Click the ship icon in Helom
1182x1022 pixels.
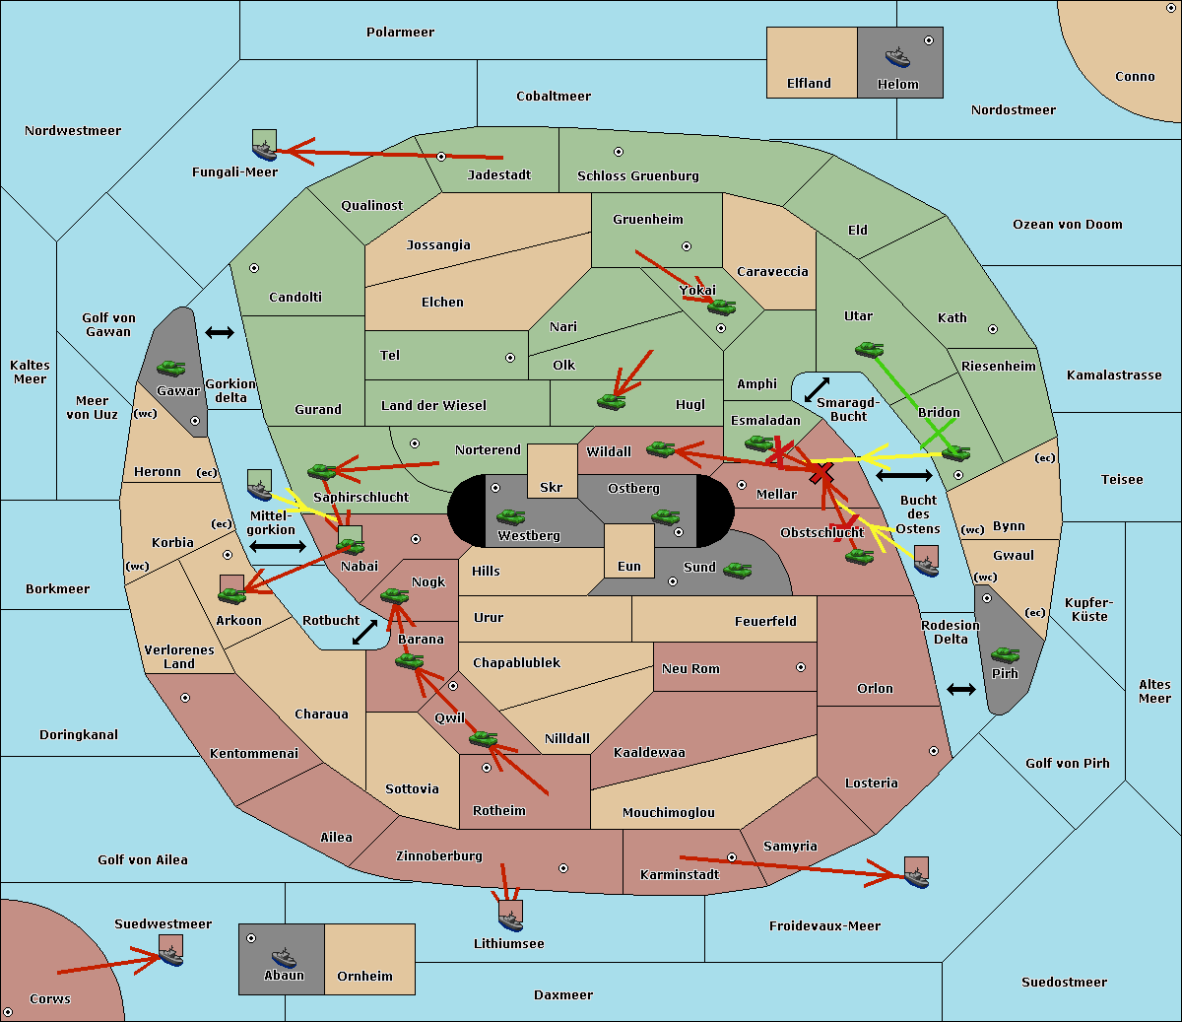897,58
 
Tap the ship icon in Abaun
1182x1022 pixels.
285,958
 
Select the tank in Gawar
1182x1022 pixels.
171,368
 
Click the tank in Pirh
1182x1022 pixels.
1005,655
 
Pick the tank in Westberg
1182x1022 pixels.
510,517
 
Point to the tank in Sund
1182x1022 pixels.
737,571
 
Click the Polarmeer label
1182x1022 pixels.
400,33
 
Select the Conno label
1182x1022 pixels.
1135,76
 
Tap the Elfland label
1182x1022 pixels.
809,83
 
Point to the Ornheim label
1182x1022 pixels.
364,976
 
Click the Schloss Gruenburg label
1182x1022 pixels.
638,175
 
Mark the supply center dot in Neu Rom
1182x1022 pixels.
801,667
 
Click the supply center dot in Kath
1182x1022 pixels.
993,329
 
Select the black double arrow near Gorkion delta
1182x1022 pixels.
220,332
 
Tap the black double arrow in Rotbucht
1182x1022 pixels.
364,632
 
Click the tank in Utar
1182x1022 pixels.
869,349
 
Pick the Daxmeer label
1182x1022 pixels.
563,994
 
